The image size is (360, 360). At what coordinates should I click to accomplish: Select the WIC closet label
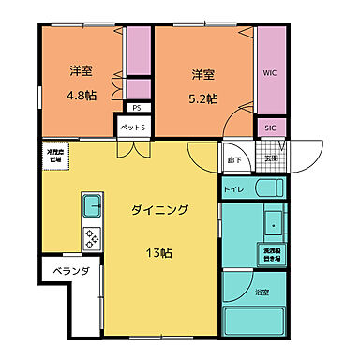[270, 72]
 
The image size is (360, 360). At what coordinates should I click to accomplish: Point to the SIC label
[270, 126]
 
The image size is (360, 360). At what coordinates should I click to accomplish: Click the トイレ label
[233, 190]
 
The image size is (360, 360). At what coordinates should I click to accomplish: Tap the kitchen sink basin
[91, 205]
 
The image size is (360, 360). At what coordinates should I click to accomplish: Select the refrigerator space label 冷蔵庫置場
[56, 157]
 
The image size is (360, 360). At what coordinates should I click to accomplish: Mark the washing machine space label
[272, 252]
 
